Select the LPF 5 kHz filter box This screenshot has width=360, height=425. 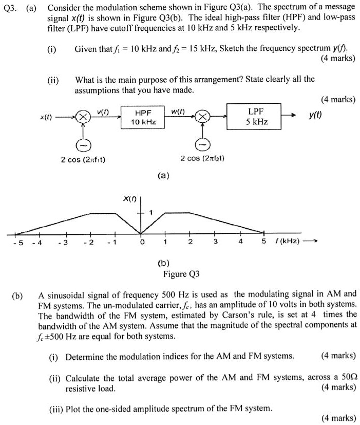point(254,117)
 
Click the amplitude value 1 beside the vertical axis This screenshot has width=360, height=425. point(151,212)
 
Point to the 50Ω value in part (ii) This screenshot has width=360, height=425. point(347,378)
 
